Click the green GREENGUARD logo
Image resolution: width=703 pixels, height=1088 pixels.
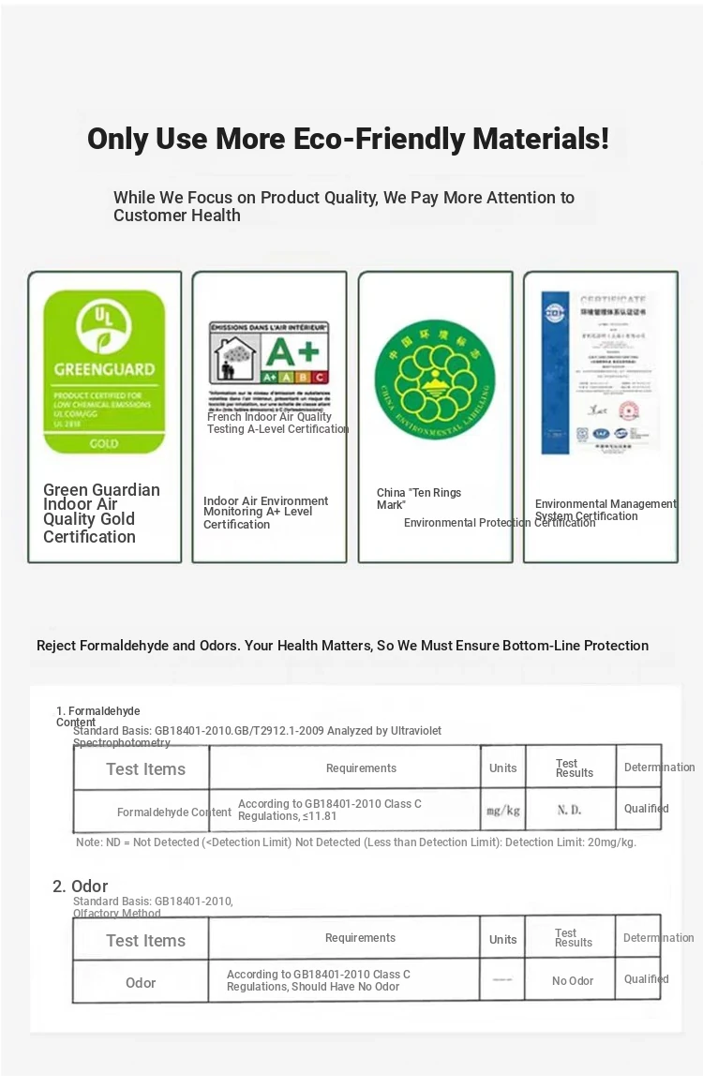[104, 372]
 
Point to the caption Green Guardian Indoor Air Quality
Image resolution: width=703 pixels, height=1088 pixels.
[101, 513]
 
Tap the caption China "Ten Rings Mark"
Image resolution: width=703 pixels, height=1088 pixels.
[419, 499]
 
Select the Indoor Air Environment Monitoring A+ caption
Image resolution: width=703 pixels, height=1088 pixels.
[266, 513]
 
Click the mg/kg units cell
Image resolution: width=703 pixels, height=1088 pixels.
[502, 811]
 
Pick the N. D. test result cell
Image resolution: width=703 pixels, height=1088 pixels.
[570, 811]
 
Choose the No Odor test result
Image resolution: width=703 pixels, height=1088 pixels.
[572, 981]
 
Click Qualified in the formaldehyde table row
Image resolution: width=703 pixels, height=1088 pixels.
[646, 809]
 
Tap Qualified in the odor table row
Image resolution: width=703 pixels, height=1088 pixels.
[646, 979]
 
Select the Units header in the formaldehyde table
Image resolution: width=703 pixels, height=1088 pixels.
[502, 768]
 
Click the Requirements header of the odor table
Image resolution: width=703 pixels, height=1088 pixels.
[360, 938]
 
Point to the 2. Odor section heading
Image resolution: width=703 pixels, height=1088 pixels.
[81, 886]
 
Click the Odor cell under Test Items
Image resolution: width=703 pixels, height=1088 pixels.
[141, 983]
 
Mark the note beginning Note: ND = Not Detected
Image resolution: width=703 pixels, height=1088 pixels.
[356, 842]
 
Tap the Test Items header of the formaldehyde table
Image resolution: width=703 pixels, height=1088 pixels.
[145, 769]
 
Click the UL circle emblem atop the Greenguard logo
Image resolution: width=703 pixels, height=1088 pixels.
[104, 325]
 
